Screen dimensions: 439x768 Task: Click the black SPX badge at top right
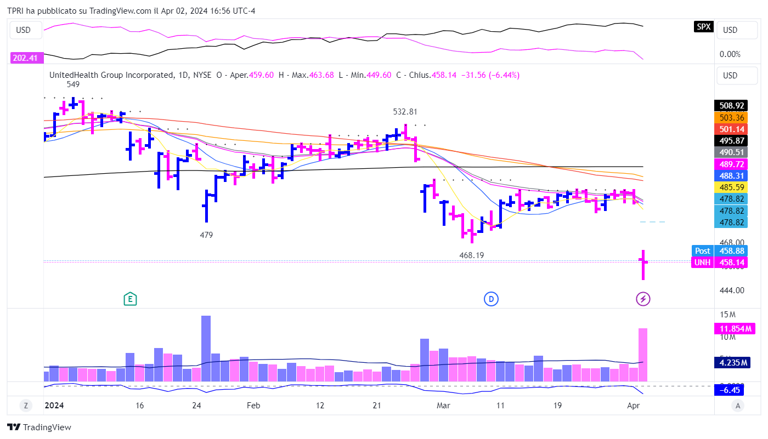pos(703,26)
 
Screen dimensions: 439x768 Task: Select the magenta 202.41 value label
pos(25,58)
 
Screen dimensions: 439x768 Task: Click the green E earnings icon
pos(130,299)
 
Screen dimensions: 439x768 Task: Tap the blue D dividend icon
pos(491,299)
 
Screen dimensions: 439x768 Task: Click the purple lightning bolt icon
pos(643,299)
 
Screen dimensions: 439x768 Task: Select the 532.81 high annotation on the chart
pos(405,112)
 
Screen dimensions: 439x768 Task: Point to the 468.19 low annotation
pos(471,255)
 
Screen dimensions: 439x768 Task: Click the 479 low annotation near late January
pos(206,235)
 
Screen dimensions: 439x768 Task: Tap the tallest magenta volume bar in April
pos(643,355)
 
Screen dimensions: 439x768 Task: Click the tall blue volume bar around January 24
pos(206,348)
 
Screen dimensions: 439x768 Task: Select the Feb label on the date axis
pos(253,406)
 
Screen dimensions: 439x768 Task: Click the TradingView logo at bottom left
pos(39,427)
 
